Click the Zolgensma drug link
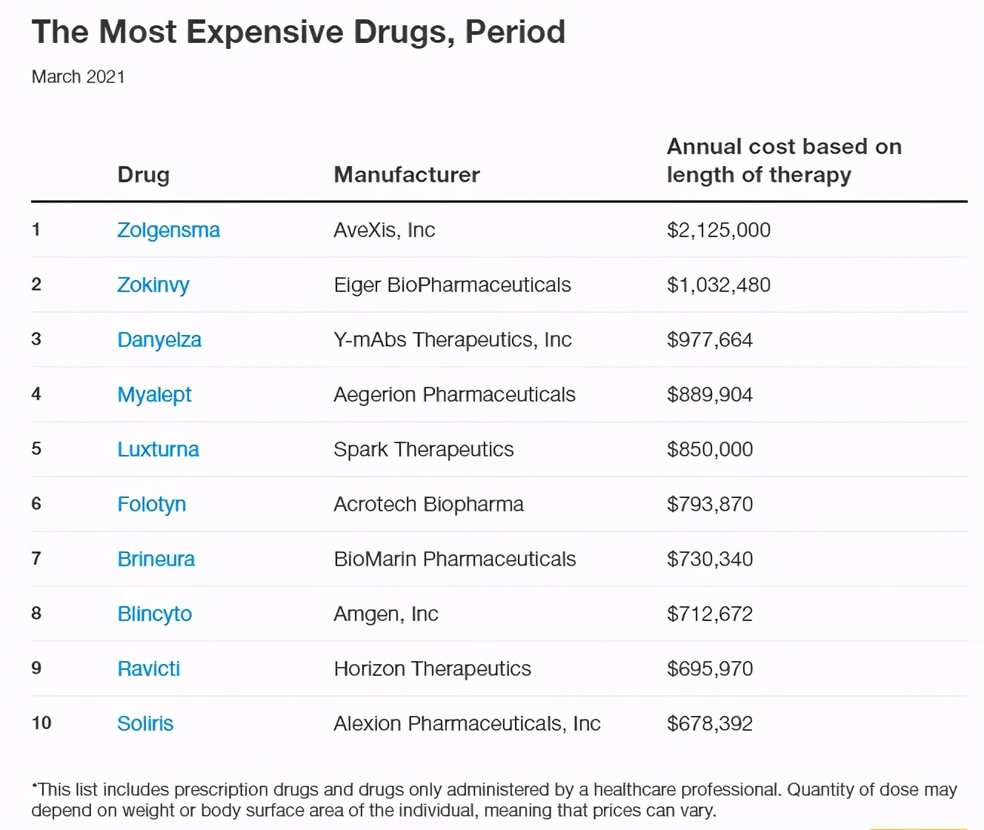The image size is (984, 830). [168, 230]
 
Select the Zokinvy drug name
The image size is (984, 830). [153, 285]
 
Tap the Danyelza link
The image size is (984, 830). [159, 340]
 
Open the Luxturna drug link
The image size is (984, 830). [158, 450]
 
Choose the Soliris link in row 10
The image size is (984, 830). [145, 724]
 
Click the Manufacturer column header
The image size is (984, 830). [407, 175]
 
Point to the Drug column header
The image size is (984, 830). [144, 175]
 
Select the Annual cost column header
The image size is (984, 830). [784, 161]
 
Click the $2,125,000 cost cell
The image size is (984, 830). [719, 230]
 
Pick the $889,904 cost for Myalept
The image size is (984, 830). [710, 395]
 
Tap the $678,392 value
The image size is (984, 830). [710, 724]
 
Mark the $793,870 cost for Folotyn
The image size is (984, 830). [710, 505]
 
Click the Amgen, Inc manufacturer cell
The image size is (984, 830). [386, 614]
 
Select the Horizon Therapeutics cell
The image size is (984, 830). [432, 669]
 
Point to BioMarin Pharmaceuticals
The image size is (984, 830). [454, 560]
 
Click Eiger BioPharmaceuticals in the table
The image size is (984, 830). [452, 285]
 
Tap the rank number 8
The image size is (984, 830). [36, 614]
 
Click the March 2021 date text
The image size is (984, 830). [79, 77]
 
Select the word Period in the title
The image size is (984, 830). [515, 33]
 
